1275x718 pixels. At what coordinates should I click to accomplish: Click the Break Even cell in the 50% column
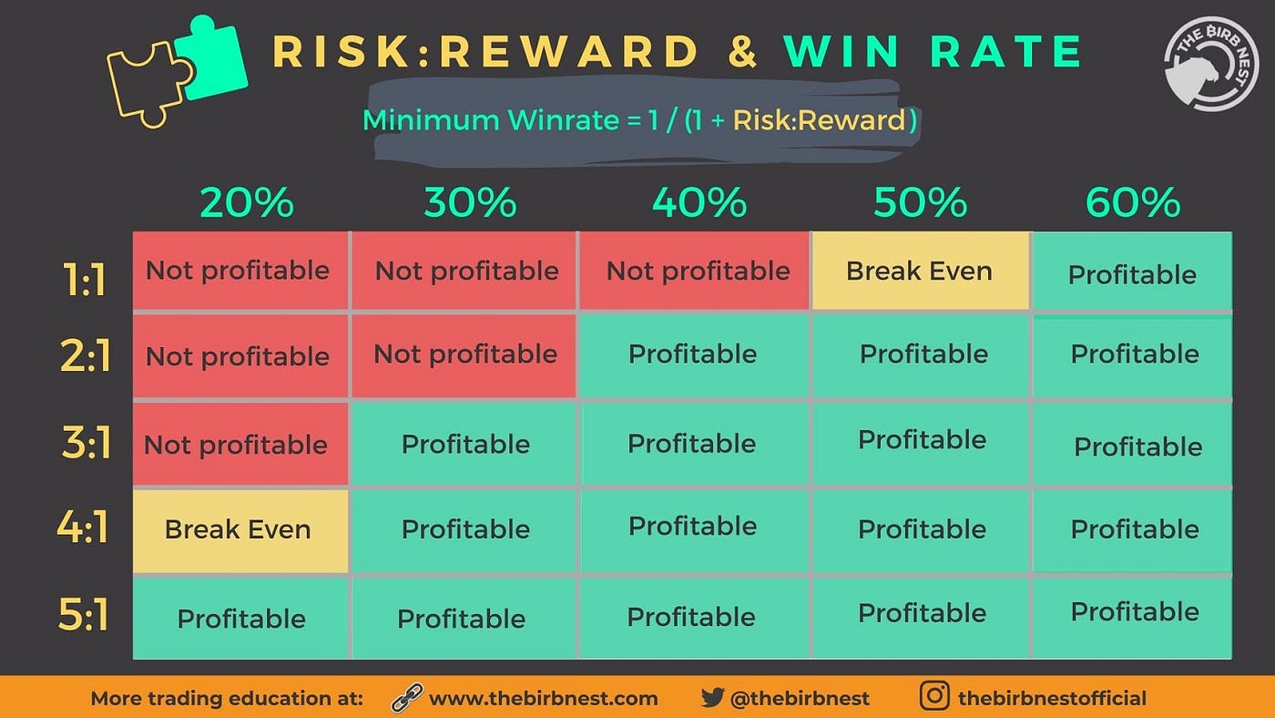(x=920, y=271)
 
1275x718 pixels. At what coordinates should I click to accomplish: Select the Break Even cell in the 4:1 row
(x=239, y=530)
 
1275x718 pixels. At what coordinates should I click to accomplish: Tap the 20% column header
(x=247, y=203)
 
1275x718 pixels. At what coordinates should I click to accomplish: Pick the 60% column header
(x=1133, y=203)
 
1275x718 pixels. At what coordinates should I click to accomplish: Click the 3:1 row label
(x=86, y=444)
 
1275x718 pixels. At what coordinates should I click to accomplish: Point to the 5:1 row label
(x=84, y=615)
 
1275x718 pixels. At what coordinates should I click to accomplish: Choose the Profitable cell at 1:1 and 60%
(x=1132, y=273)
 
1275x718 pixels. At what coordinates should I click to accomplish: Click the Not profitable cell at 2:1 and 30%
(x=465, y=354)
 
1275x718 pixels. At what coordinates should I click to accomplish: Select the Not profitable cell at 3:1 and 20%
(x=237, y=444)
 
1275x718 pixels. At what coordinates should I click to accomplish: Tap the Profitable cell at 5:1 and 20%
(x=241, y=618)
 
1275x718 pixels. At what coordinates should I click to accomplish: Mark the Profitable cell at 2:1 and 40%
(x=692, y=354)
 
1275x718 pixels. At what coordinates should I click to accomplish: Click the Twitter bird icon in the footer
(x=712, y=698)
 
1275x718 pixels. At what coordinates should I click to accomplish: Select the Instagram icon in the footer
(x=934, y=697)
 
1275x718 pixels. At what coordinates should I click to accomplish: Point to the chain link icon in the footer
(x=406, y=698)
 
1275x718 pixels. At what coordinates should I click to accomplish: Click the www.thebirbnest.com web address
(x=543, y=699)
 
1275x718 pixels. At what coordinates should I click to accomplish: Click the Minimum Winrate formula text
(x=639, y=121)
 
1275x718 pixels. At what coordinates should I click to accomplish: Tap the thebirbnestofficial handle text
(x=1052, y=699)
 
